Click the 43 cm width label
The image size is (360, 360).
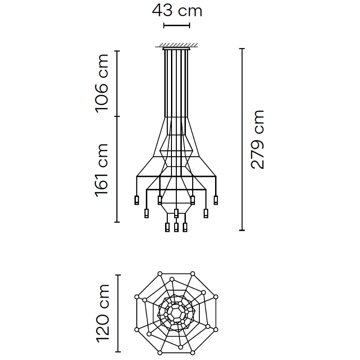[177, 11]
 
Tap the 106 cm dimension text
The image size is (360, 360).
[102, 84]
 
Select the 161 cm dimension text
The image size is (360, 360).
[102, 171]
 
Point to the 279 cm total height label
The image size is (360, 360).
[257, 139]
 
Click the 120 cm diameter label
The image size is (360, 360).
[103, 314]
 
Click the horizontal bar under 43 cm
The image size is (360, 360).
[176, 26]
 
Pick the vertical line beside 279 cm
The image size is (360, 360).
[242, 139]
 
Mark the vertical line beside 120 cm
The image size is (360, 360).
[118, 313]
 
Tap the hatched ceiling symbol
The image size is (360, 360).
[176, 45]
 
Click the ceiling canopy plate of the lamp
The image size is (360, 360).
[176, 49]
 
